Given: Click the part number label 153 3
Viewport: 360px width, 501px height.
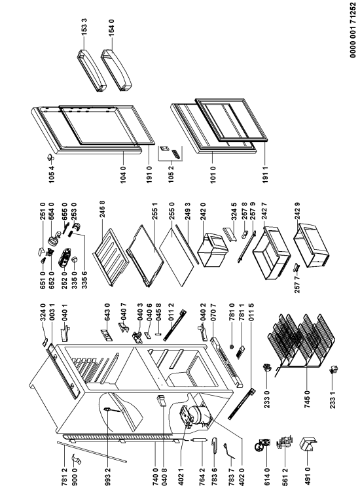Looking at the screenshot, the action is click(x=84, y=27).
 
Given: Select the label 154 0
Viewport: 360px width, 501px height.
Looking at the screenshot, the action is click(x=111, y=27).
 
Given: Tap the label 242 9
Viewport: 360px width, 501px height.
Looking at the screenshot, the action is click(x=297, y=211).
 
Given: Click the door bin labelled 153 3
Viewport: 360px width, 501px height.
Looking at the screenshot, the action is click(x=92, y=70).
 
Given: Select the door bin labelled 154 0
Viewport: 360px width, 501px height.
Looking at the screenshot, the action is click(x=116, y=70).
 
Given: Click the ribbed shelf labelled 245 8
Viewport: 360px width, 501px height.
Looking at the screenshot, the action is click(x=111, y=256).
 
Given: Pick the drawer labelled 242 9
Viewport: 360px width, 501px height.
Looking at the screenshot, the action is click(x=311, y=245).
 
